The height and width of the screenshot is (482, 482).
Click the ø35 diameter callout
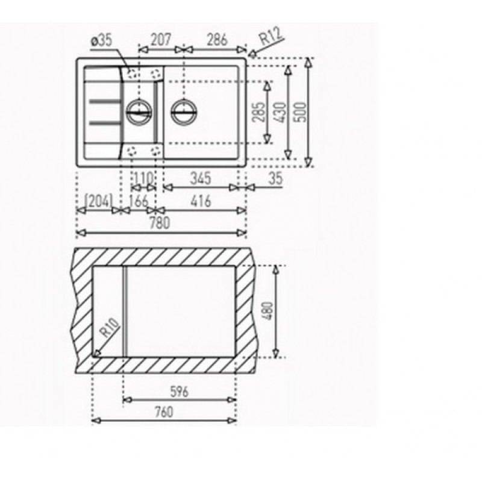click(102, 41)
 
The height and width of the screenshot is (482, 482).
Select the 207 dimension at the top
click(161, 40)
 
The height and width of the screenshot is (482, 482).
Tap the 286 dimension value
click(217, 40)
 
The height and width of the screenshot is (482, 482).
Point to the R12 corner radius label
click(271, 36)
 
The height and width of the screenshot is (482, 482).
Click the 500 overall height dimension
click(302, 112)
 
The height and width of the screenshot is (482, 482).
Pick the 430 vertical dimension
click(281, 112)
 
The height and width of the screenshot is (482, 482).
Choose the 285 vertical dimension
click(259, 112)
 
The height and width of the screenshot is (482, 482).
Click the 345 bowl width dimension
click(201, 178)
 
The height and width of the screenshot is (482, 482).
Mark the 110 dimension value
click(143, 178)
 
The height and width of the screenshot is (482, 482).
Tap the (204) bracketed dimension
click(98, 201)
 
